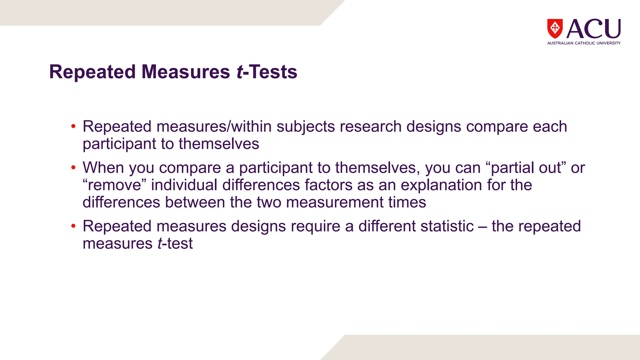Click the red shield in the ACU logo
coord(555,28)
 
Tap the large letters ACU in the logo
coord(593,29)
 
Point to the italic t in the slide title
coord(240,72)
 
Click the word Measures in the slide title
coord(186,72)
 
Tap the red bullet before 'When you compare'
coord(73,168)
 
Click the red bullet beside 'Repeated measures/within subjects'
coord(73,127)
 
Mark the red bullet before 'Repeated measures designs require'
coord(73,226)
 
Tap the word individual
coord(184,185)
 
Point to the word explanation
coord(441,185)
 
